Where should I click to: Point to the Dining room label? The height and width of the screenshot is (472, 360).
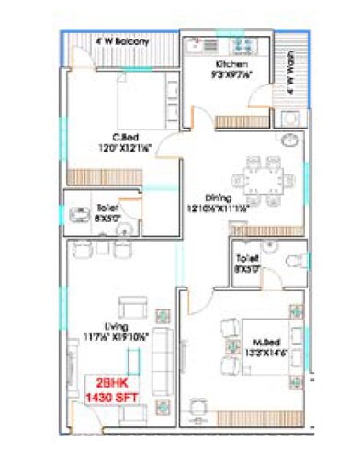pos(219,197)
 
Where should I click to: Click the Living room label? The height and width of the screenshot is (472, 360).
pos(116,326)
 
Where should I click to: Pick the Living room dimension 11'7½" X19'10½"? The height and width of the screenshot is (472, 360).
pos(116,336)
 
